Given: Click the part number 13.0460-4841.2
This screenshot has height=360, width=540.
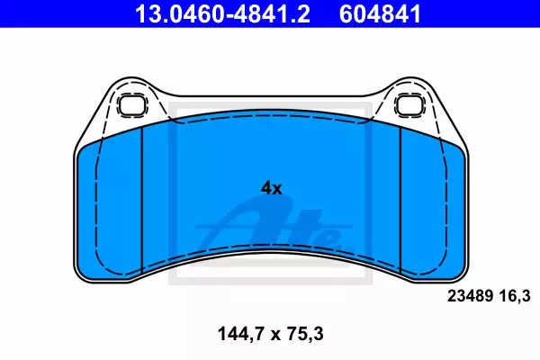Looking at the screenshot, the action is [222, 14].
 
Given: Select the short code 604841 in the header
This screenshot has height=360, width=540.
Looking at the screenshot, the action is [380, 14].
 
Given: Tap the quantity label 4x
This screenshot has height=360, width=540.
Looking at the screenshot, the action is [272, 188].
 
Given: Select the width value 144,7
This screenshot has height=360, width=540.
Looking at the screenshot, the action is [240, 334].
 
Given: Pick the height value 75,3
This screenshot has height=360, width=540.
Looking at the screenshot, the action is [304, 334].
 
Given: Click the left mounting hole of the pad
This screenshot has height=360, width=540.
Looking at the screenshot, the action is [130, 105].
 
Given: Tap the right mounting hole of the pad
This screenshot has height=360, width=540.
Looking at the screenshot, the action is [409, 105].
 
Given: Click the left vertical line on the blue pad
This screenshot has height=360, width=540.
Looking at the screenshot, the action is [142, 201].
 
